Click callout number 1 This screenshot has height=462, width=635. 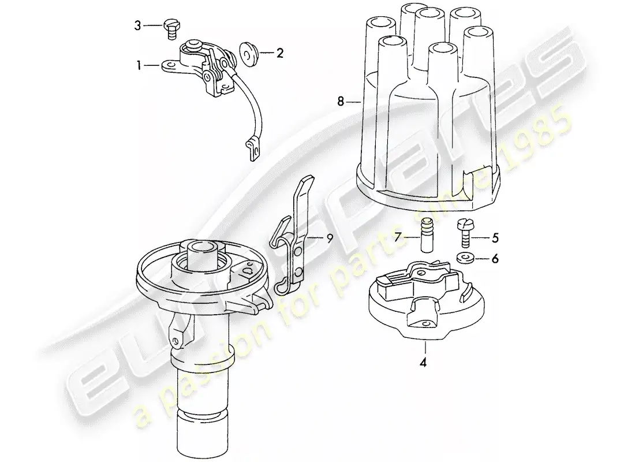[x=139, y=66]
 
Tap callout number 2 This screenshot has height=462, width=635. [x=279, y=54]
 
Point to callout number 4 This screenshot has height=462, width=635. [x=425, y=363]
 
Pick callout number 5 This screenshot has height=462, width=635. [x=494, y=236]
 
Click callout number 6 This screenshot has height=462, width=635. [x=494, y=259]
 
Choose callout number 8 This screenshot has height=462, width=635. [x=341, y=102]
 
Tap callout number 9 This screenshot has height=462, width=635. [x=329, y=237]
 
